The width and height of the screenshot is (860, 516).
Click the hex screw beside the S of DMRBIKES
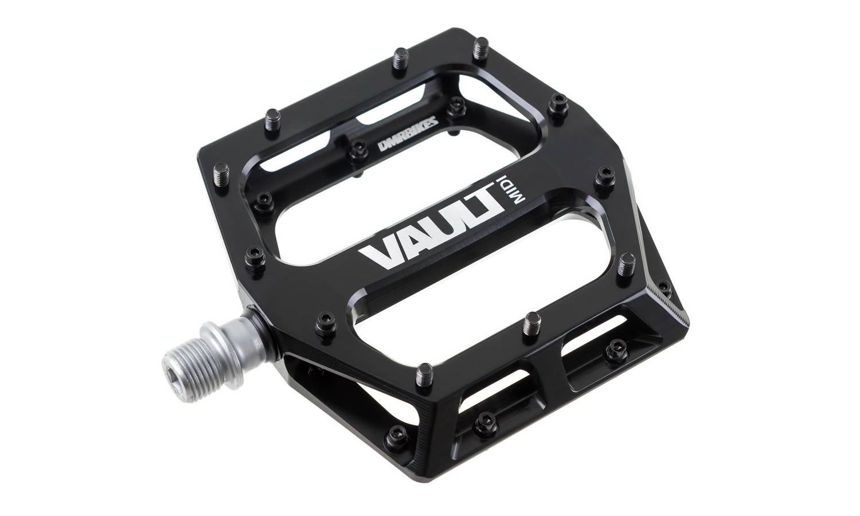[x=457, y=104]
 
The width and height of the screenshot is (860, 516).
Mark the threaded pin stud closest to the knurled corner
[x=626, y=265]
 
